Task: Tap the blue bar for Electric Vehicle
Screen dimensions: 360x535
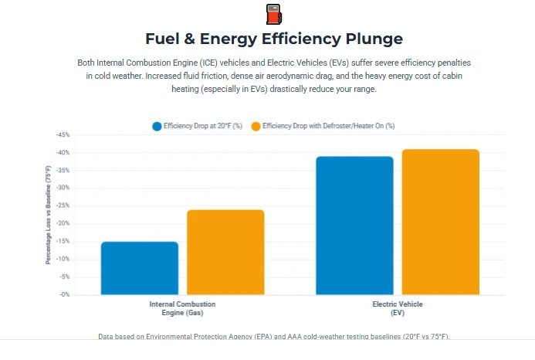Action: tap(354, 225)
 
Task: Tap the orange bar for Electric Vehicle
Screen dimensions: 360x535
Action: tap(440, 222)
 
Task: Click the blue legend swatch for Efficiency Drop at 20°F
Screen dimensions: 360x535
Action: tap(157, 125)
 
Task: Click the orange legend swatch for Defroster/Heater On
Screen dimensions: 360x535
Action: tap(256, 125)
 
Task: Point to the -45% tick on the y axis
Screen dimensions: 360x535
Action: tap(63, 134)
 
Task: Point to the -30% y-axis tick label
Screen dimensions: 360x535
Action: tap(63, 188)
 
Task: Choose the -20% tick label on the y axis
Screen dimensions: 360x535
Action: tap(63, 223)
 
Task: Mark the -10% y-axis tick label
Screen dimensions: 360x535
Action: tap(63, 259)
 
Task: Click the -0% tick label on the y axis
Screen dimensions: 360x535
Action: tap(64, 294)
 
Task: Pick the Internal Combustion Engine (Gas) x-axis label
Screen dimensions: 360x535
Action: tap(182, 308)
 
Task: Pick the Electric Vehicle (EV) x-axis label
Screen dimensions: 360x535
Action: tap(398, 308)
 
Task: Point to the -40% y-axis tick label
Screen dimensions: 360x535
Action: tap(63, 152)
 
